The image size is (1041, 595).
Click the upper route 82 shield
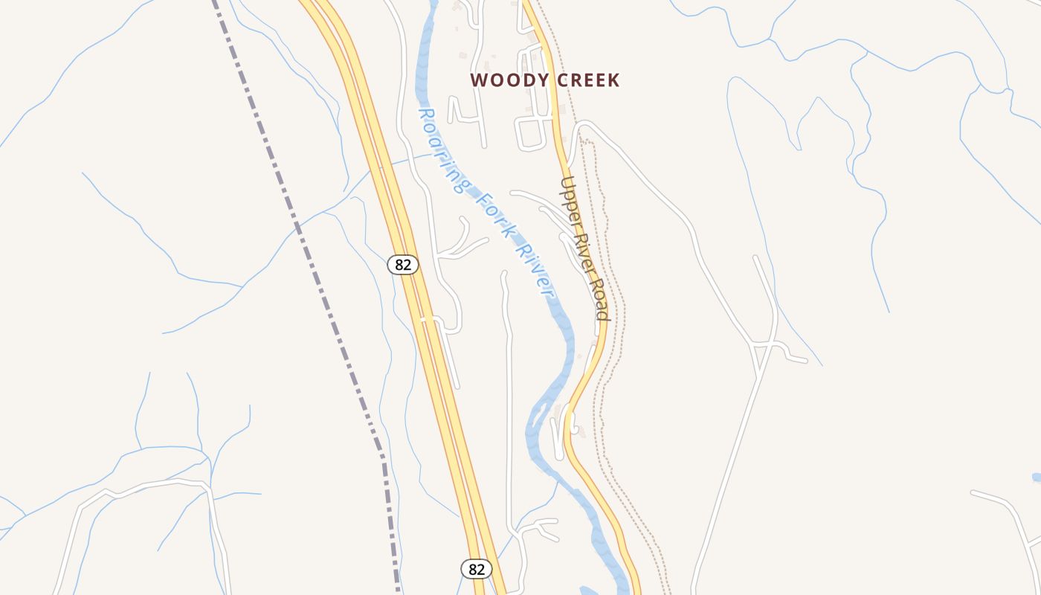pyautogui.click(x=403, y=264)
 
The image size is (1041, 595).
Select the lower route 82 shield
pyautogui.click(x=477, y=569)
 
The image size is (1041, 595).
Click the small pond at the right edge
pyautogui.click(x=1037, y=477)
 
